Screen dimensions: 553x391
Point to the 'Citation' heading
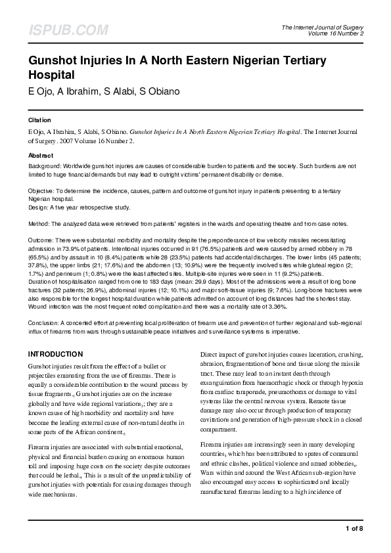(x=39, y=120)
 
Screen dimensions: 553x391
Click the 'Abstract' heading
(x=41, y=156)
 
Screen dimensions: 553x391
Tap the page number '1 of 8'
(x=354, y=529)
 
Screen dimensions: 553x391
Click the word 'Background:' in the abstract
(x=45, y=167)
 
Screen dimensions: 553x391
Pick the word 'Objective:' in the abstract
(x=43, y=189)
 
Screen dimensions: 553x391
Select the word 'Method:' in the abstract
(x=39, y=224)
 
